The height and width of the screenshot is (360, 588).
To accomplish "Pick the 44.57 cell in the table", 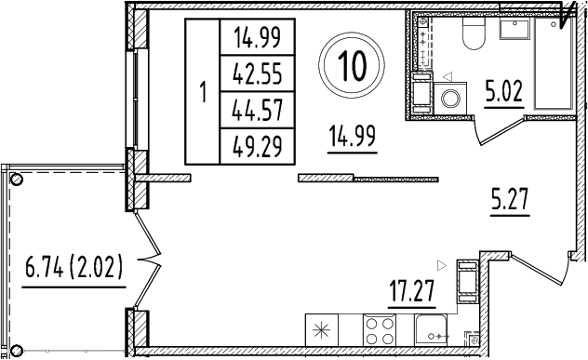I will click(257, 108).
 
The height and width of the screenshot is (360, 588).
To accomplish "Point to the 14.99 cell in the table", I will click(257, 38).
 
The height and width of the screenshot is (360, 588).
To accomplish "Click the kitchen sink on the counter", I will click(430, 330).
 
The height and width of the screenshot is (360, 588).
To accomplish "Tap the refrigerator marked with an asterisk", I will click(320, 330).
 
